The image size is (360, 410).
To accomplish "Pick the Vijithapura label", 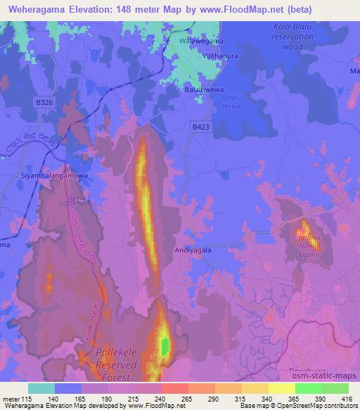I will (x=201, y=54).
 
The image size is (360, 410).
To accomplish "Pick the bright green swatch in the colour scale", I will (x=309, y=388).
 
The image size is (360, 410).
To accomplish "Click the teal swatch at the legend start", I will (x=41, y=388).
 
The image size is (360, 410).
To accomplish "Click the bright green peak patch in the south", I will (x=165, y=346).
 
